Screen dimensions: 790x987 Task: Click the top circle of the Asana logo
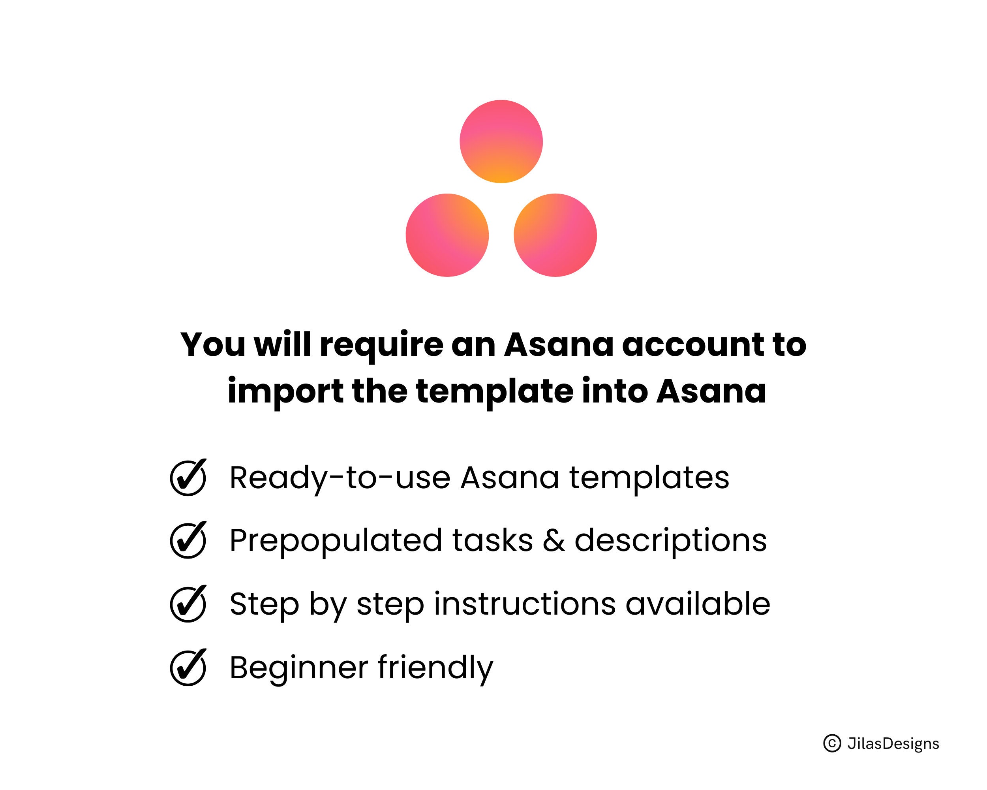pyautogui.click(x=501, y=141)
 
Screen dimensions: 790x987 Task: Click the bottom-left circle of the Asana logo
pyautogui.click(x=447, y=235)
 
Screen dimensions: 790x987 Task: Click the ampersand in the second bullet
pyautogui.click(x=554, y=540)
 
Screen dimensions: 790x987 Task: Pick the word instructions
pyautogui.click(x=525, y=604)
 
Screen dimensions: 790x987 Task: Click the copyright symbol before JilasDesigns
pyautogui.click(x=832, y=743)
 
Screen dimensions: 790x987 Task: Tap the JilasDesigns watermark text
pyautogui.click(x=893, y=744)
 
